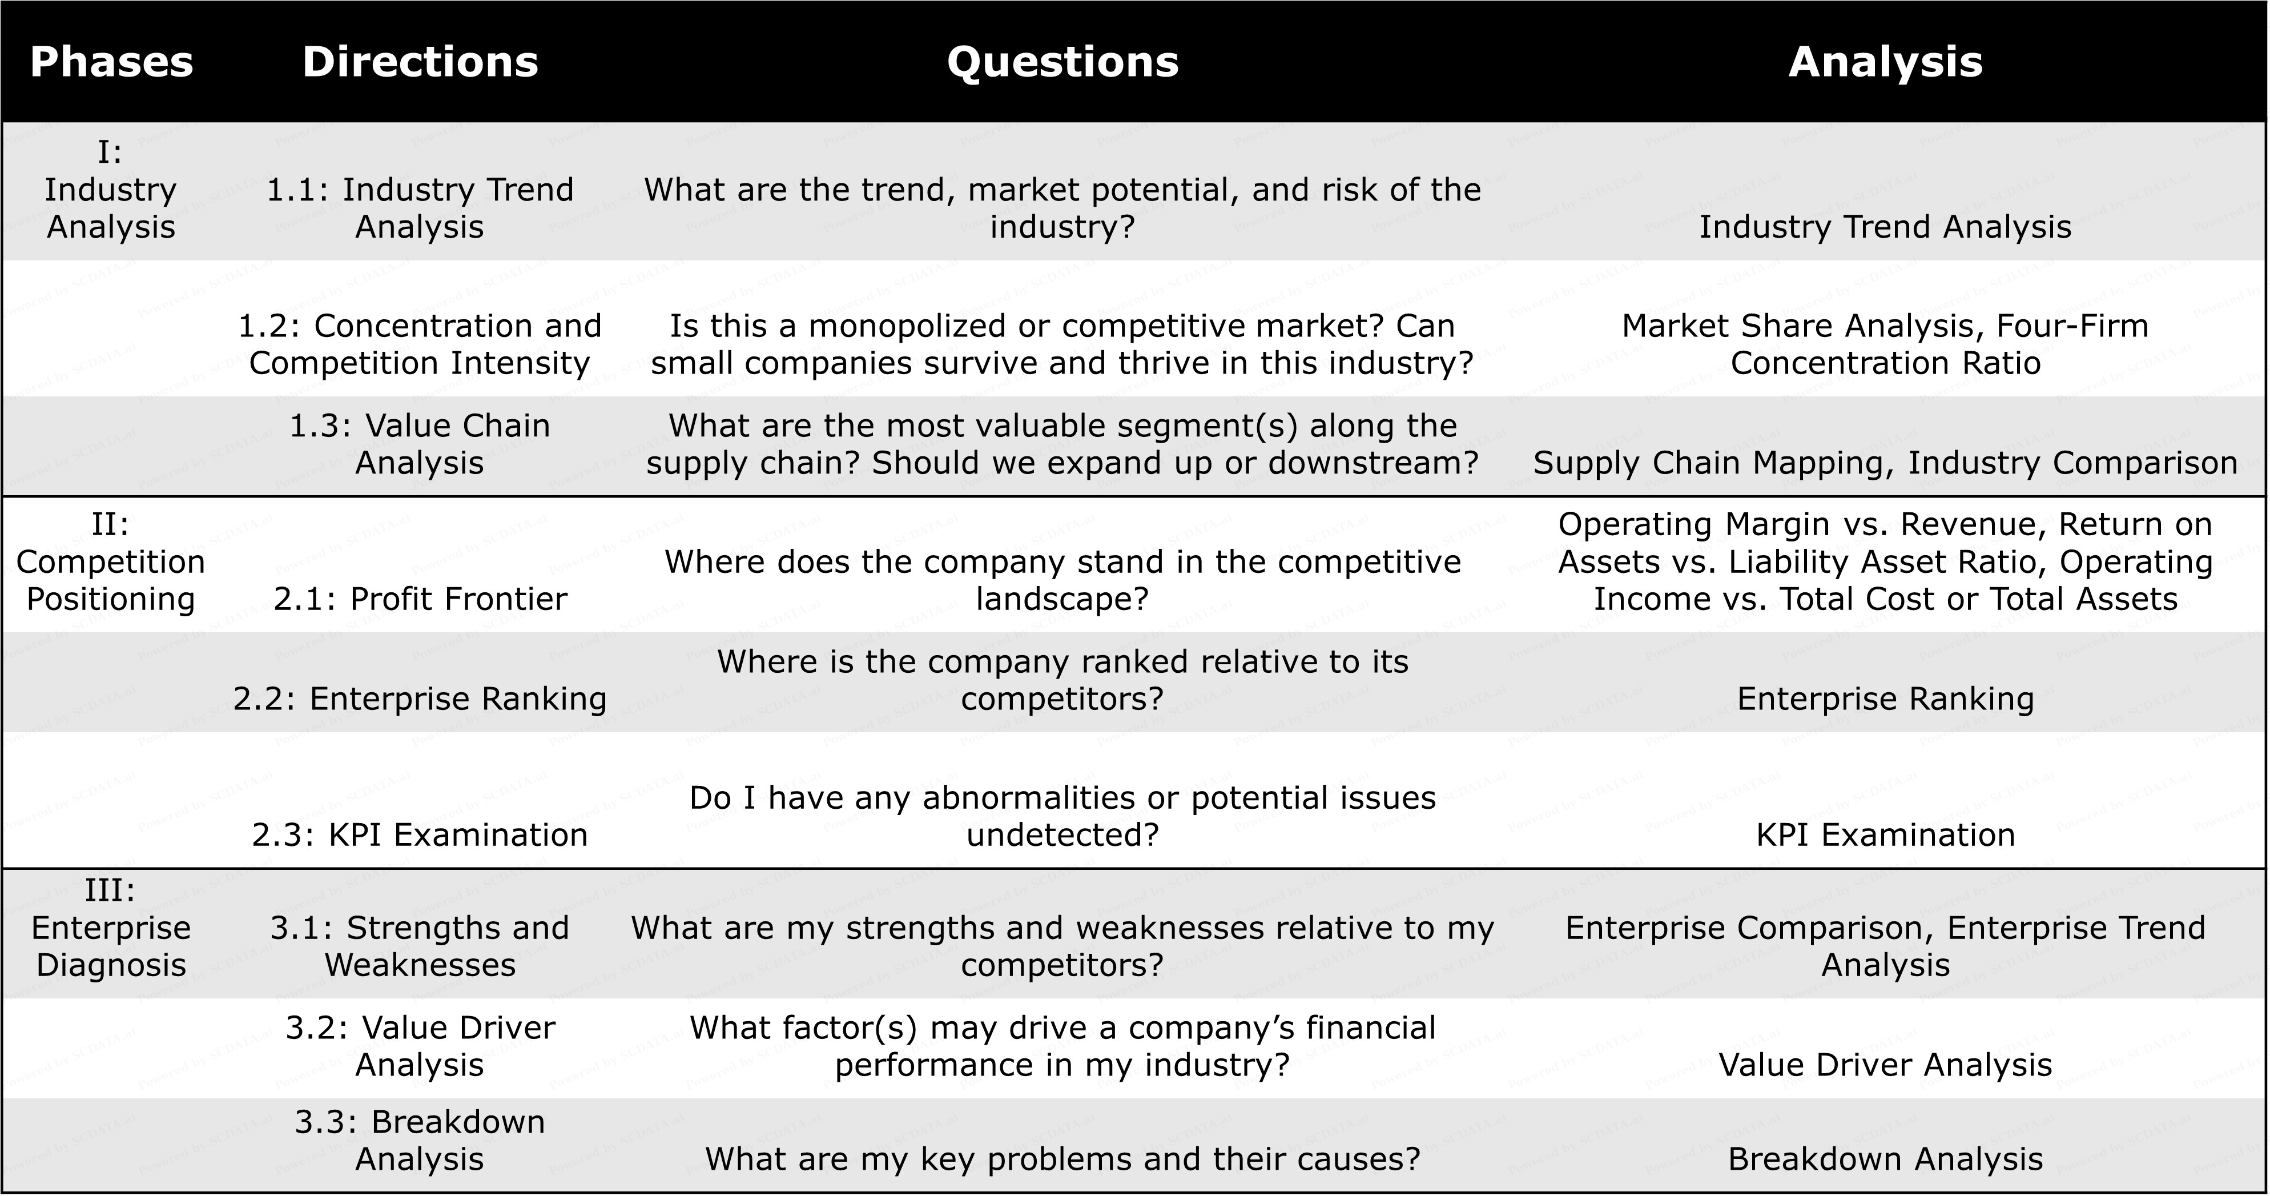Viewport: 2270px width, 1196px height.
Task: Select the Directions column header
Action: tap(420, 62)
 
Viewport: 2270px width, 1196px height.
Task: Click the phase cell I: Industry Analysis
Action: tap(111, 190)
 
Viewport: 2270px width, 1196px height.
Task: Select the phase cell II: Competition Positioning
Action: tap(111, 561)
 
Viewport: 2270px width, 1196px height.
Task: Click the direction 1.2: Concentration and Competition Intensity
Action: tap(420, 344)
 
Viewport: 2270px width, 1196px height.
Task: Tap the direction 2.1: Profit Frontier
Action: tap(420, 599)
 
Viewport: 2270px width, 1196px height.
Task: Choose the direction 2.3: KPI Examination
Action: tap(420, 834)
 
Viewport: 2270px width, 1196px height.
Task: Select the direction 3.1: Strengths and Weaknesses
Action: tap(420, 946)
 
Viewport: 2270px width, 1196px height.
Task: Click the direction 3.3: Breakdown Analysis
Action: tap(420, 1141)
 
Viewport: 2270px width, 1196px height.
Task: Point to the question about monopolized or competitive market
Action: tap(1062, 344)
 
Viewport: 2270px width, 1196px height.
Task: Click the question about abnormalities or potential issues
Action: tap(1062, 816)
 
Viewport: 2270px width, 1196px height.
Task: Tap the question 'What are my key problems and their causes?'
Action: tap(1062, 1159)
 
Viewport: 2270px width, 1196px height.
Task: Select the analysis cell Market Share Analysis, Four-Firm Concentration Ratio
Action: tap(1885, 344)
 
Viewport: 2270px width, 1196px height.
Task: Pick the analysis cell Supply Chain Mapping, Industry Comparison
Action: tap(1885, 463)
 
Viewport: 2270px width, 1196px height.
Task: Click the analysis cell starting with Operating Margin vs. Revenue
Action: tap(1885, 561)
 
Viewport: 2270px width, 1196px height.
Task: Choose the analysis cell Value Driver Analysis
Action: tap(1885, 1065)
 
